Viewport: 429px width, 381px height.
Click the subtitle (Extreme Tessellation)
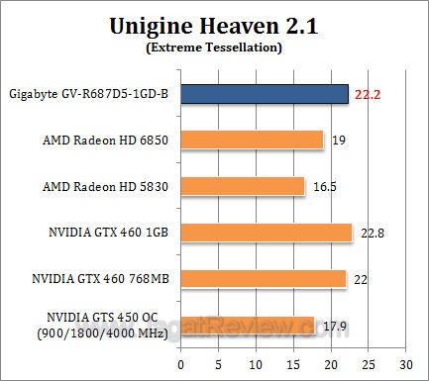coord(214,47)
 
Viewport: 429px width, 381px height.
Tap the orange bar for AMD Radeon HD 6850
coord(253,140)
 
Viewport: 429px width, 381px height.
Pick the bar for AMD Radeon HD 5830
coord(244,185)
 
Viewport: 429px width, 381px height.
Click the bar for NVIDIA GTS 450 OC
coord(249,325)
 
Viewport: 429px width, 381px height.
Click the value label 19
coord(338,141)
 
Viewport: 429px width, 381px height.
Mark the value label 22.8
coord(371,233)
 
